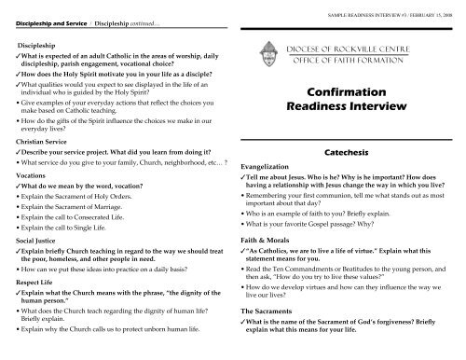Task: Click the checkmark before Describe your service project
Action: [20, 155]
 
